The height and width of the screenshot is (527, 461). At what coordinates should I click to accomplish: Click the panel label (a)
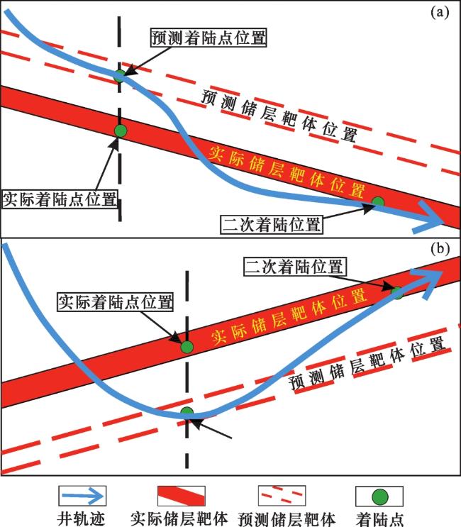(x=440, y=13)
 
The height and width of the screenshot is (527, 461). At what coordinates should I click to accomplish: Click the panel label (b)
(x=440, y=249)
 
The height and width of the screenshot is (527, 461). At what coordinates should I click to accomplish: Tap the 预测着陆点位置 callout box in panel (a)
(x=209, y=38)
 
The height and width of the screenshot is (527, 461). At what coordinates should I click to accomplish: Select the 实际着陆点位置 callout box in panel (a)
(x=60, y=199)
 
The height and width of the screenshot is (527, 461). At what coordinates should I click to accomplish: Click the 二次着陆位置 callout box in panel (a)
(x=272, y=225)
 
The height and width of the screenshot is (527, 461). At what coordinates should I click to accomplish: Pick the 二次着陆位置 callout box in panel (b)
(x=294, y=267)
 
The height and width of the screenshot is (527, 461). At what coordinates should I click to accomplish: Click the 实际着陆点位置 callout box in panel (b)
(x=115, y=302)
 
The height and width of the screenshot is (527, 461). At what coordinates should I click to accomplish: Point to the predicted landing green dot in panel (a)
(x=120, y=76)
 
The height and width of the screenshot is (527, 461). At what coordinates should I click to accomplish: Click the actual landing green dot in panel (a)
(x=121, y=131)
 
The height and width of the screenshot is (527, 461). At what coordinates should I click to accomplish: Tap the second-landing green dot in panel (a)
(x=378, y=203)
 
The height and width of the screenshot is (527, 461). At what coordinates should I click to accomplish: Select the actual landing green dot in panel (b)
(x=187, y=347)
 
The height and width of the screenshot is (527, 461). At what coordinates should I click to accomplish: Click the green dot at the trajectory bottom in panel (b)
(x=187, y=413)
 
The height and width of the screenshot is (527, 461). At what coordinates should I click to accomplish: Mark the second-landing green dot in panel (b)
(x=397, y=293)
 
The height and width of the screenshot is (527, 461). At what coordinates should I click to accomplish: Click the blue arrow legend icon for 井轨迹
(x=83, y=496)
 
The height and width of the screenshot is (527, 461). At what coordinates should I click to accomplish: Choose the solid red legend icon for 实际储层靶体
(x=182, y=496)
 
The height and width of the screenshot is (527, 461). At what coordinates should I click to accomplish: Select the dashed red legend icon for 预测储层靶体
(x=282, y=496)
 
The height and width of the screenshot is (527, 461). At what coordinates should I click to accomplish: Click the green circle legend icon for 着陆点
(x=379, y=496)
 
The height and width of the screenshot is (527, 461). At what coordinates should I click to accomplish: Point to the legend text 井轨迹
(x=81, y=518)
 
